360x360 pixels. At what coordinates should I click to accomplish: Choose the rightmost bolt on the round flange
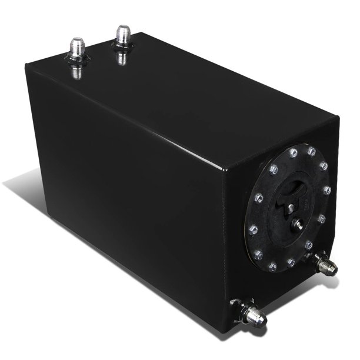pos(327,191)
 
